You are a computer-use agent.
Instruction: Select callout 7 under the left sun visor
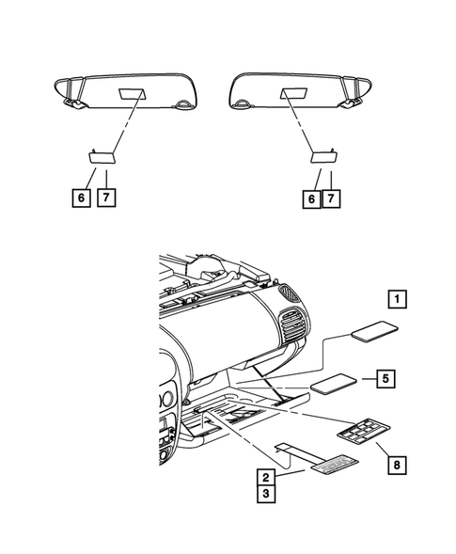tap(109, 198)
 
